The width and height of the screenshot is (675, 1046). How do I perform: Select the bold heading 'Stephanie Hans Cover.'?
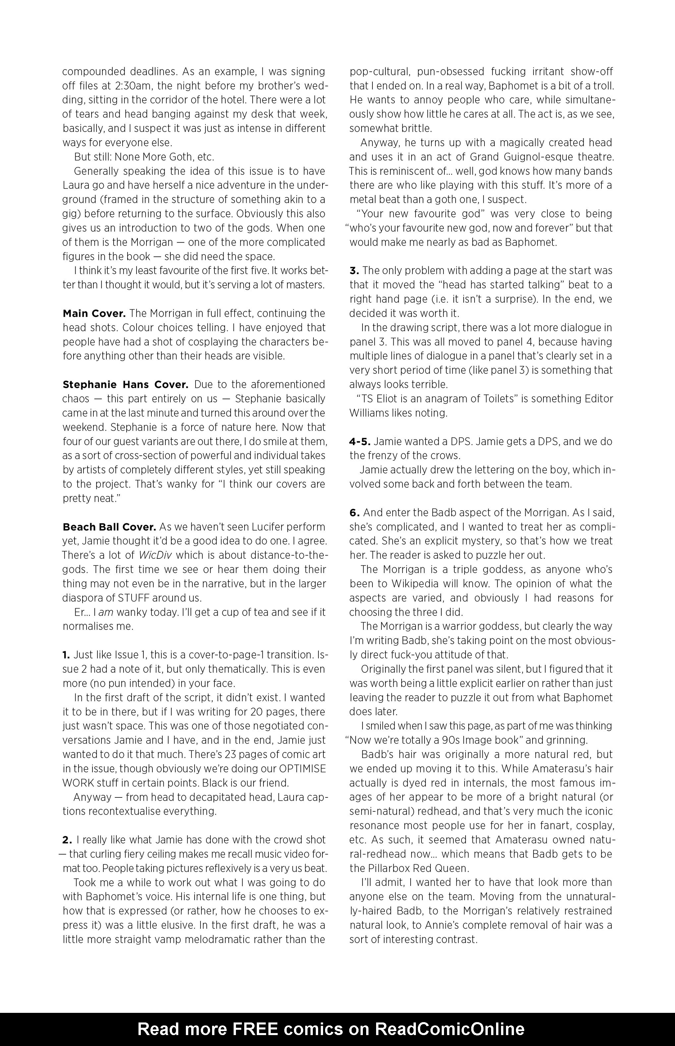pos(125,384)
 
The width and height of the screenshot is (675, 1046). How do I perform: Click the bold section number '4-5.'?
pos(360,441)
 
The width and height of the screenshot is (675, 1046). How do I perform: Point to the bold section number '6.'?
pos(355,512)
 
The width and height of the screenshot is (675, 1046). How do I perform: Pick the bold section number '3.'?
pos(354,270)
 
